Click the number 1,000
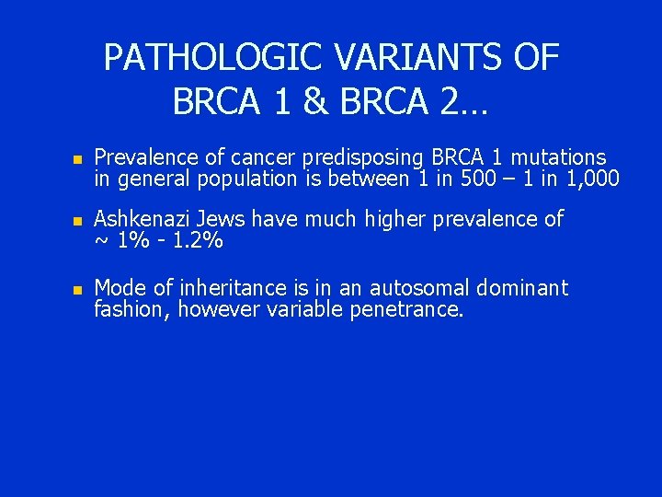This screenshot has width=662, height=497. click(588, 179)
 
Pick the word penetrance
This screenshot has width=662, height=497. click(407, 310)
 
